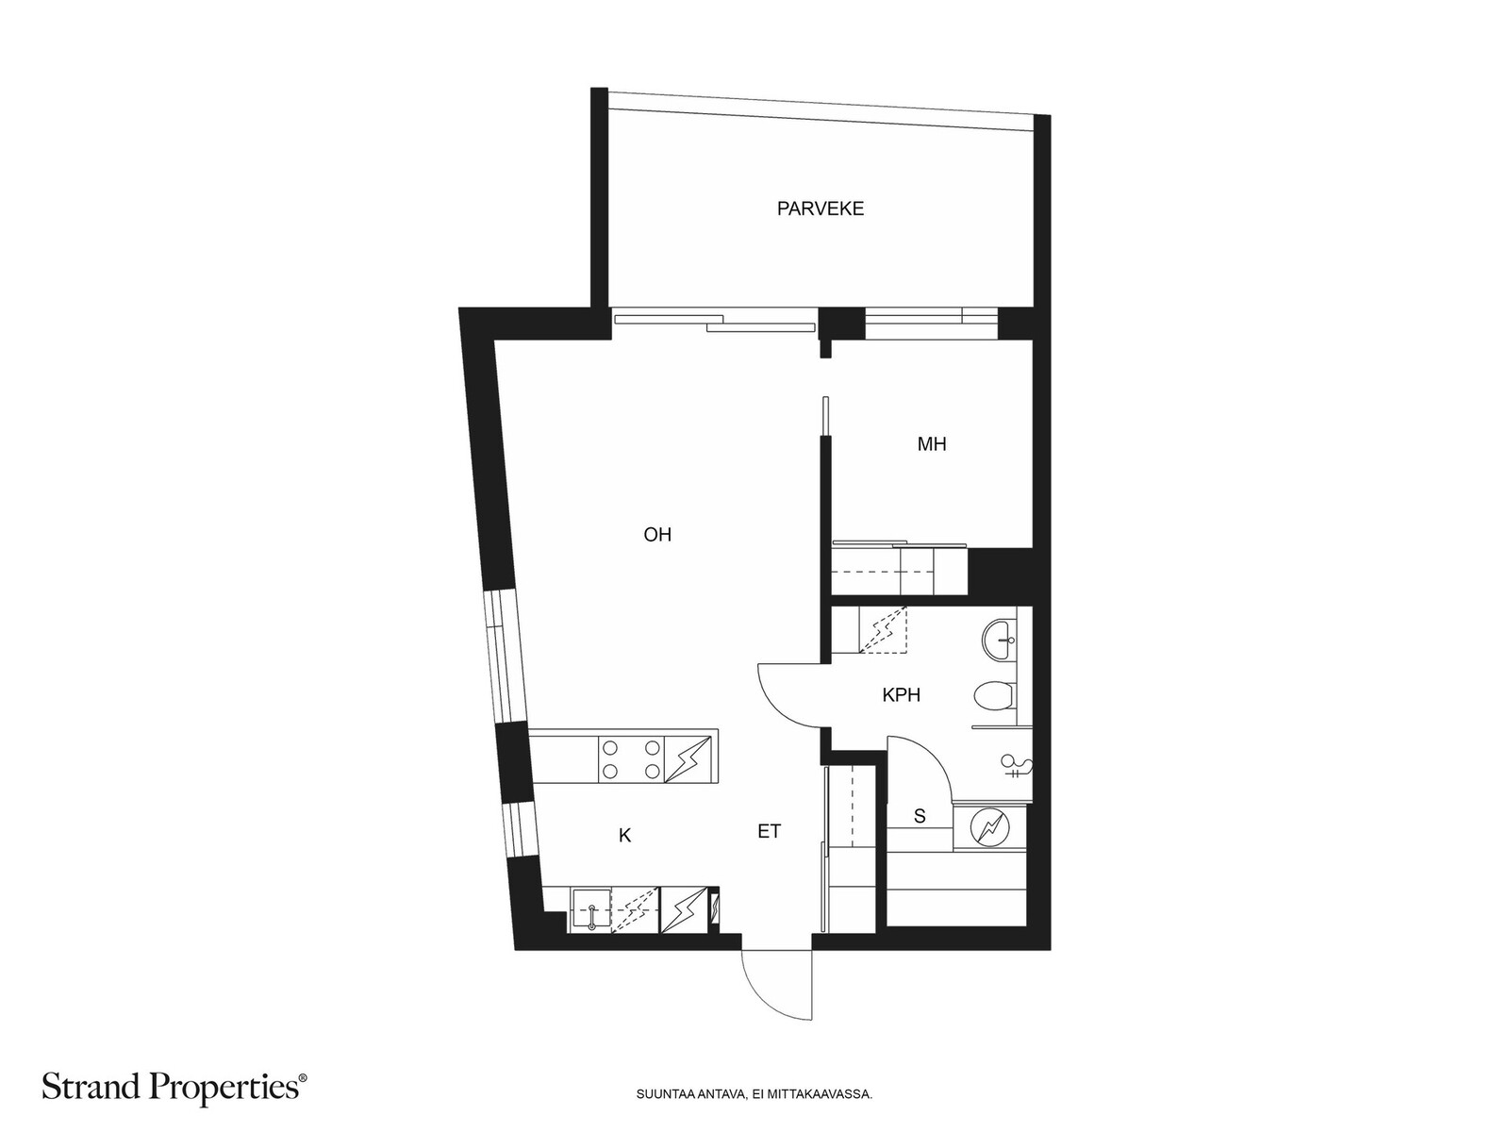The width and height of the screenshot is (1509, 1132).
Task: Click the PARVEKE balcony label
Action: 821,208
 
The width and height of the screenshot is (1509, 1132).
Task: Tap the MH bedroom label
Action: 932,444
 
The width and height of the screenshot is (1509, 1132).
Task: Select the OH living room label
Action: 657,535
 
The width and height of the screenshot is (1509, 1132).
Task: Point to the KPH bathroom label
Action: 901,695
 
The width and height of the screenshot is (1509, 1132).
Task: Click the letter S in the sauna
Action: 920,817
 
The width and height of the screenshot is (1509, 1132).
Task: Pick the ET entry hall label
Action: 770,832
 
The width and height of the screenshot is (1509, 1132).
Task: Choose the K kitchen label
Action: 625,836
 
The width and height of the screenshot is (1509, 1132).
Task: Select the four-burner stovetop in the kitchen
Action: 630,759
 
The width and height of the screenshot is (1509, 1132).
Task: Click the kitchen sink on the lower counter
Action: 590,909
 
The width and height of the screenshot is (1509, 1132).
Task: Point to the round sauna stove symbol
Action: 989,827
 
